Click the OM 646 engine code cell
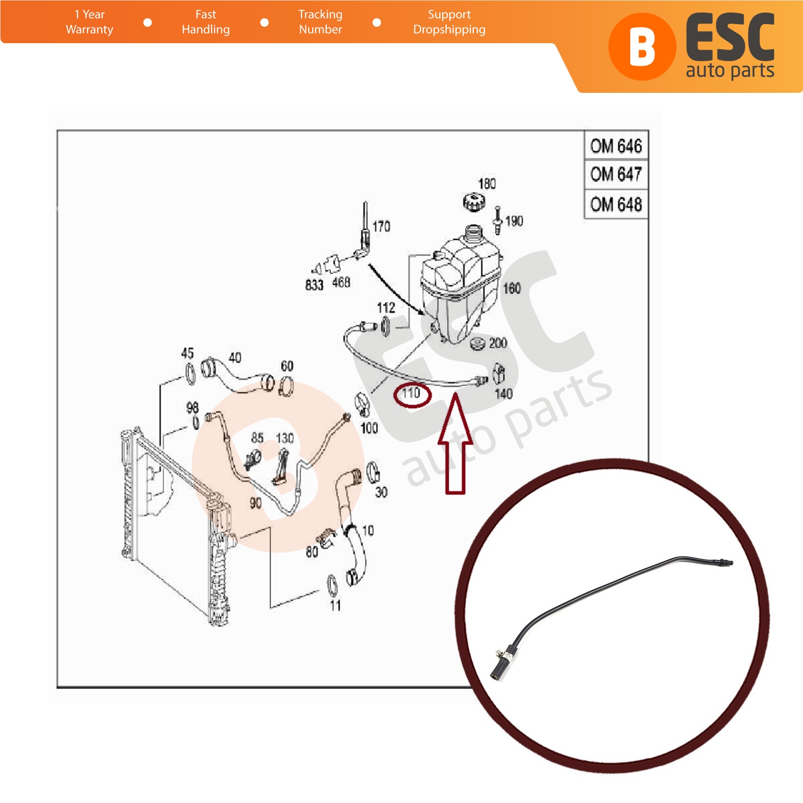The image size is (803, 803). click(616, 146)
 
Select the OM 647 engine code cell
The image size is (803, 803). click(616, 175)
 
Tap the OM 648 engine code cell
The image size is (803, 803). click(616, 204)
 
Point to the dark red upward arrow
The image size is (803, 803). click(456, 444)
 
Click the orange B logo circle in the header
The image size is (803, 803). click(642, 47)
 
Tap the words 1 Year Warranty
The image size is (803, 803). click(89, 22)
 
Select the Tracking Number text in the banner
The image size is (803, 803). click(320, 22)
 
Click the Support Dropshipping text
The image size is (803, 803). click(449, 22)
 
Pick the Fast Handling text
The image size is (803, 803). click(206, 22)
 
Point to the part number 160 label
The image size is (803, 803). click(512, 288)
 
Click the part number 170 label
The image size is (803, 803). click(381, 226)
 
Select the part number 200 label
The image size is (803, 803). click(498, 343)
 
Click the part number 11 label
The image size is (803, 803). click(335, 606)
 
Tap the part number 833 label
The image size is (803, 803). click(314, 285)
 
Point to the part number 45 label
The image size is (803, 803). click(187, 353)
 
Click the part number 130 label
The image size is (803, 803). click(285, 438)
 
